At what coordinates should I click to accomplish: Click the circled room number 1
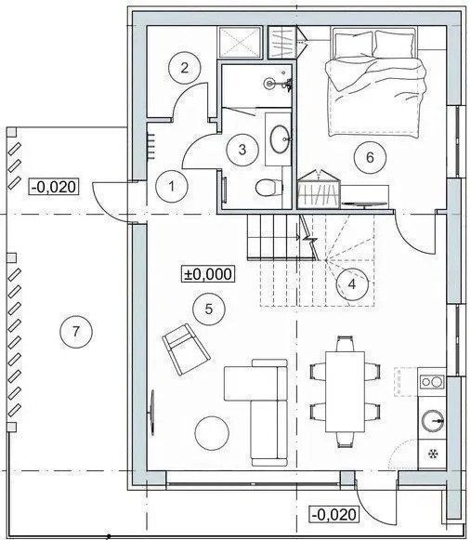pos(172,186)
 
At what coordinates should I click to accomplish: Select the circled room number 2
pos(185,68)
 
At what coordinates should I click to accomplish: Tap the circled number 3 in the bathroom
pos(242,150)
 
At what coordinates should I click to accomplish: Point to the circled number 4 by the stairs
pos(352,284)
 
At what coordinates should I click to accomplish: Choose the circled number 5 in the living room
pos(209,309)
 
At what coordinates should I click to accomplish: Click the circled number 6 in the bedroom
pos(370,157)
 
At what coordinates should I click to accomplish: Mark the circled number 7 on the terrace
pos(76,332)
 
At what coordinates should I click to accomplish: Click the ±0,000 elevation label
pos(209,274)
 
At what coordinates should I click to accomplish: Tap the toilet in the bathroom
pos(268,188)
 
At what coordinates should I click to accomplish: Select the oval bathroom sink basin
pos(280,139)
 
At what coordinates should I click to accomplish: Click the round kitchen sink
pos(433,420)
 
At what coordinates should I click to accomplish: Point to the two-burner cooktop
pos(432,382)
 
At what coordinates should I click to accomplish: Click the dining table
pos(346,391)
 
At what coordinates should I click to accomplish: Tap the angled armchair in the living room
pos(187,349)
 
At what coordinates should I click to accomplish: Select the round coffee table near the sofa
pos(212,433)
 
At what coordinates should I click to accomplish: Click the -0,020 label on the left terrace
pos(54,187)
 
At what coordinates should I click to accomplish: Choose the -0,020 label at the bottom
pos(334,515)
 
